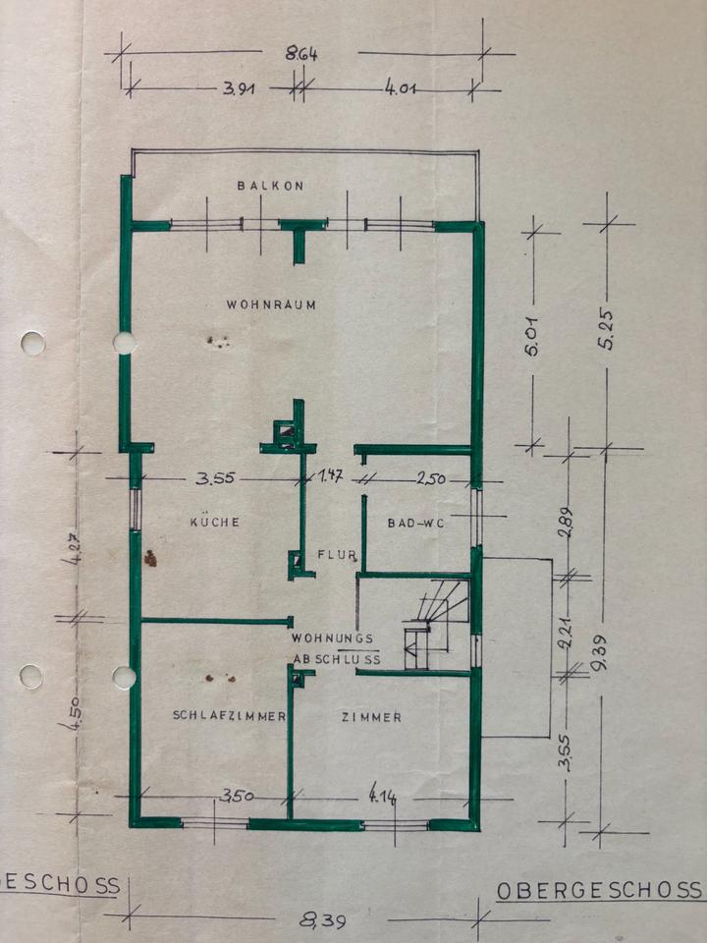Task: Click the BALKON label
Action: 271,185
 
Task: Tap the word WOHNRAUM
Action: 272,305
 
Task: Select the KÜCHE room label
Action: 215,523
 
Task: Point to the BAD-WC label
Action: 416,524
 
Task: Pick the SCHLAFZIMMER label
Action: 229,716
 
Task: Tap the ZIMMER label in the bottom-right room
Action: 371,717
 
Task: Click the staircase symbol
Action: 433,619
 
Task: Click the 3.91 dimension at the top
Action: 240,88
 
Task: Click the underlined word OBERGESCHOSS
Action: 599,891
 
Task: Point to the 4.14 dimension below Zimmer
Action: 382,796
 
